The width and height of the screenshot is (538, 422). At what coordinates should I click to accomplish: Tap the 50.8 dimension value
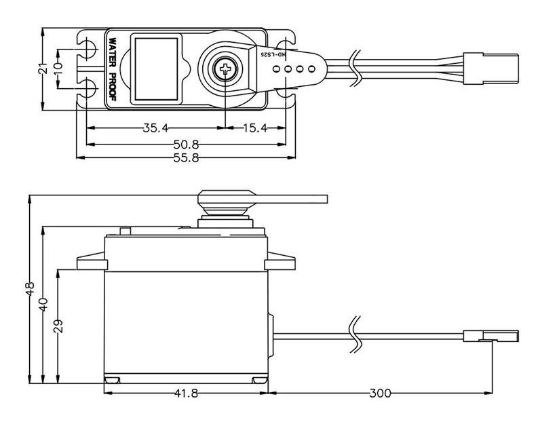click(x=186, y=144)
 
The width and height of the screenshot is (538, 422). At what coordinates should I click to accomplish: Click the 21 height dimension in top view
click(x=42, y=68)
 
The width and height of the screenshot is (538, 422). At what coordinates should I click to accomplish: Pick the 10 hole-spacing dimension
click(x=58, y=68)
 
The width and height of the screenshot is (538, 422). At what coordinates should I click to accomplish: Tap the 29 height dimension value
click(x=58, y=326)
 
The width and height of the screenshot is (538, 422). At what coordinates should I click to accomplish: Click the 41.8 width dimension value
click(x=186, y=393)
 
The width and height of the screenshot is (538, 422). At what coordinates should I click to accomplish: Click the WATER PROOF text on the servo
click(x=113, y=68)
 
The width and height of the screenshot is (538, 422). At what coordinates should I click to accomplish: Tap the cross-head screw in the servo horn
click(x=225, y=68)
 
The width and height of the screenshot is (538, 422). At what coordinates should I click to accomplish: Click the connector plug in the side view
click(x=492, y=335)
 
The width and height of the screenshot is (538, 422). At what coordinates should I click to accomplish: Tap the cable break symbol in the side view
click(x=354, y=335)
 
